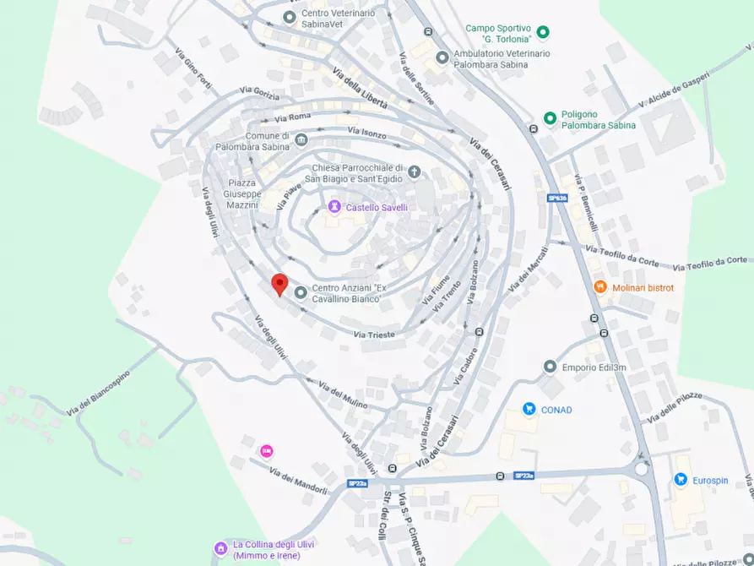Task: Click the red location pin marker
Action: [279, 284]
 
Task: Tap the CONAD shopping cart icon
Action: [529, 410]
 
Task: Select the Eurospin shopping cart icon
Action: [681, 480]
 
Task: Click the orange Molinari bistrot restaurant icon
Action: [600, 287]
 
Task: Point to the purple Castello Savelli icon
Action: [334, 206]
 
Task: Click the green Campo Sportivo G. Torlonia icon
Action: [544, 33]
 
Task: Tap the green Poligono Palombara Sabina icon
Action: [550, 118]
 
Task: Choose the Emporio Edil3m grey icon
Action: [551, 367]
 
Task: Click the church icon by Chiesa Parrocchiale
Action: [414, 172]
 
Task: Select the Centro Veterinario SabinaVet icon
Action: [290, 17]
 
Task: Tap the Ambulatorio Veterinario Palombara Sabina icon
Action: [442, 57]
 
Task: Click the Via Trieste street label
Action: [374, 335]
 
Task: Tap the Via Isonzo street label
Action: [366, 132]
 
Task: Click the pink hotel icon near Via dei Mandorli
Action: [267, 451]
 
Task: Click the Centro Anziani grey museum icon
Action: [301, 293]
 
